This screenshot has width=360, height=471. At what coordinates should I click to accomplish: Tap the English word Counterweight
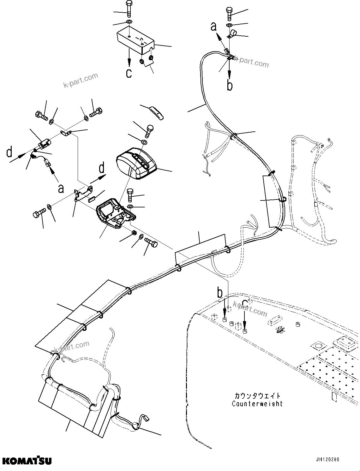(257, 404)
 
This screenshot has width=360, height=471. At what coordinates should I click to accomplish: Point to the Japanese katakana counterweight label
(257, 396)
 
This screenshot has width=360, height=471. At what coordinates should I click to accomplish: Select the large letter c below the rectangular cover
(129, 73)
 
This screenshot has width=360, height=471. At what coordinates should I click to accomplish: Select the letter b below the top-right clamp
(230, 85)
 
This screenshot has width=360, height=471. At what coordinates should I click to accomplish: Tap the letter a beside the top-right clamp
(214, 27)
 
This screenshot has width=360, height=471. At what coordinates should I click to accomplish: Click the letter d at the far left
(9, 152)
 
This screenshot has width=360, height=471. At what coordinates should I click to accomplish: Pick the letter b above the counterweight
(220, 293)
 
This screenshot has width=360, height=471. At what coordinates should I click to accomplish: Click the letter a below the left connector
(61, 188)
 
